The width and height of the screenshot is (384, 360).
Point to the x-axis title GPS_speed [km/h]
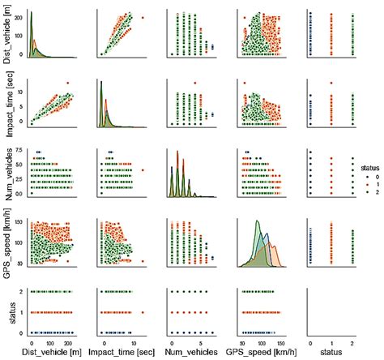tap(265, 353)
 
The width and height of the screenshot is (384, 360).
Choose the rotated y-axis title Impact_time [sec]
tap(8, 102)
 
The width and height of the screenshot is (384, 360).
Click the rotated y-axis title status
tap(8, 310)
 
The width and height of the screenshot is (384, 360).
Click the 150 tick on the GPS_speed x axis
tap(281, 342)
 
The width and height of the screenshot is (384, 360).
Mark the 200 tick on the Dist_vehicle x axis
tap(79, 342)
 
